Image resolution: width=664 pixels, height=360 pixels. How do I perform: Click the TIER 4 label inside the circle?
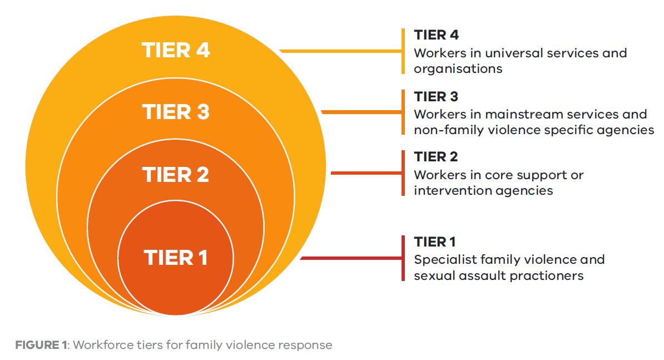coord(176,50)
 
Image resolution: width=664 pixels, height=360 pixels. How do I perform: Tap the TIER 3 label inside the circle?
coord(176,112)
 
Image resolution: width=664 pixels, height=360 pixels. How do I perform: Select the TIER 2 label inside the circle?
coord(176,175)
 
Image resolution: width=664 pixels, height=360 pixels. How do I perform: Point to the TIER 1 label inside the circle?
coord(176,258)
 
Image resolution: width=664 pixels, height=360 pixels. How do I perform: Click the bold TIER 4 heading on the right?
coord(437,36)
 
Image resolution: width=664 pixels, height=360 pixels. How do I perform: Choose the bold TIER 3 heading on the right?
coord(437,97)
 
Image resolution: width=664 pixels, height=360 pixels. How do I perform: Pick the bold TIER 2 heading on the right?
coord(437,157)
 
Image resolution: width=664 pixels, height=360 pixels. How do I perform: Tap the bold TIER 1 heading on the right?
coord(435,242)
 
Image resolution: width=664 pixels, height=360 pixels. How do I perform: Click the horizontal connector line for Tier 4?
coord(340,51)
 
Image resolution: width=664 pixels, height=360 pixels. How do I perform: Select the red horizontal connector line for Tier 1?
coord(350,258)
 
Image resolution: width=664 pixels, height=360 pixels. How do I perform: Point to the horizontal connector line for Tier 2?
coord(365,173)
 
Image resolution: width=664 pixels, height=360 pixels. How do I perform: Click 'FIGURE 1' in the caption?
coord(41,345)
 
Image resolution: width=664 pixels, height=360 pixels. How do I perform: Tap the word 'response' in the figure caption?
coord(305,346)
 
